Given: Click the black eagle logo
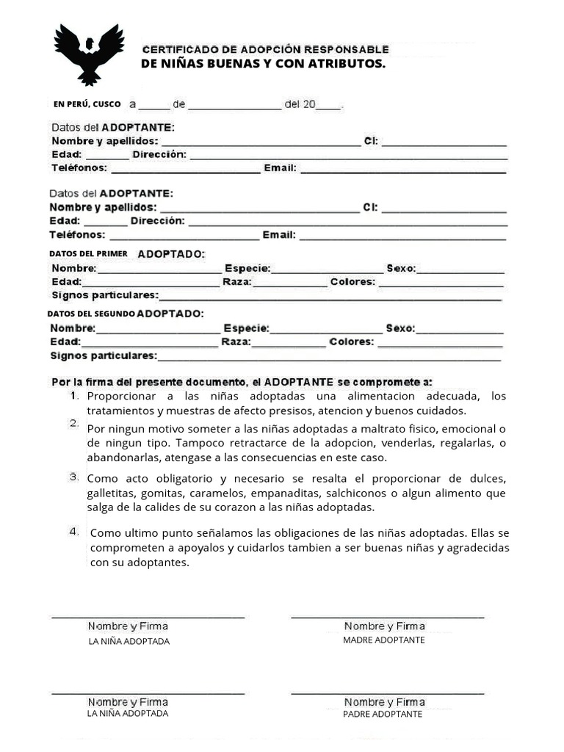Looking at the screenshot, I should [x=88, y=54].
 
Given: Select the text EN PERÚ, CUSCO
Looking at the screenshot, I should [x=87, y=104].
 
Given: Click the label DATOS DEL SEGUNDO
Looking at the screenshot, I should [x=91, y=314].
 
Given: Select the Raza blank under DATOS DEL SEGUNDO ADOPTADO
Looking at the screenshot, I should [x=289, y=344].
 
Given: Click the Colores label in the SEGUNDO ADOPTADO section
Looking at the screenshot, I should [x=352, y=342].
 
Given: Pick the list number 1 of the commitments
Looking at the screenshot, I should [x=74, y=395].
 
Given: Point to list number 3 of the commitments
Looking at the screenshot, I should [x=74, y=477].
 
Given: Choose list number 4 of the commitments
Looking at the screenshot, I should [x=74, y=531].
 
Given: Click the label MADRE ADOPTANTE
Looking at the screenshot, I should [x=383, y=640].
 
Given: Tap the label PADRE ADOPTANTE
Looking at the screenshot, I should [x=383, y=714].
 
